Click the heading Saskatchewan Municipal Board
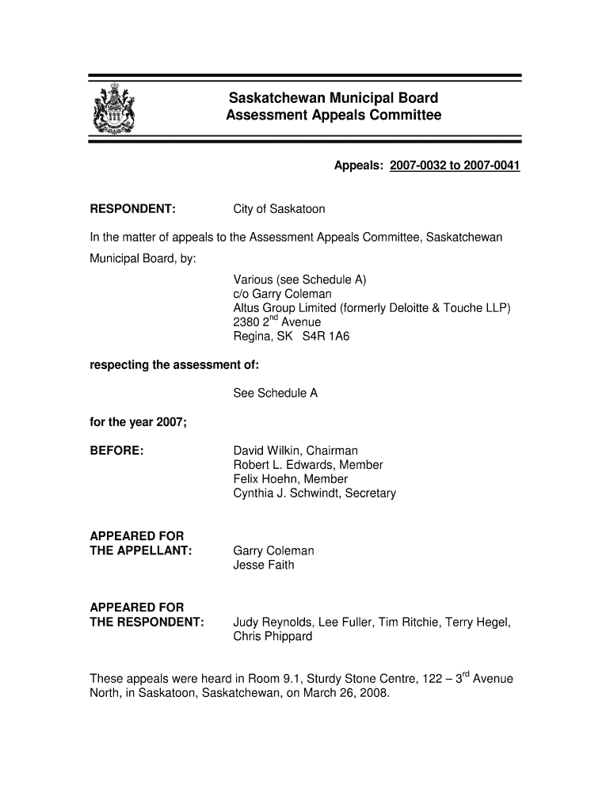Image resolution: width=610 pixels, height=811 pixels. (x=333, y=99)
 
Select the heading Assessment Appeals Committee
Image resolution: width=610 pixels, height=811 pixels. (x=333, y=116)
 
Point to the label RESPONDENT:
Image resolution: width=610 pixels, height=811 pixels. (x=132, y=209)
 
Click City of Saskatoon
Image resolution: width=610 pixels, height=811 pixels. (x=279, y=209)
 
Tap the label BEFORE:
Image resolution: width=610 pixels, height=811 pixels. (x=116, y=451)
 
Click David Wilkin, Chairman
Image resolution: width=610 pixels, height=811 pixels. (x=295, y=451)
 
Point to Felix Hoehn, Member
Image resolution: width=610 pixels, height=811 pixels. (x=290, y=479)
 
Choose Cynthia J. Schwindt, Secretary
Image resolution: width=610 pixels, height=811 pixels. (x=315, y=493)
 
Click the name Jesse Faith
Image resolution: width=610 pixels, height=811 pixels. (x=263, y=565)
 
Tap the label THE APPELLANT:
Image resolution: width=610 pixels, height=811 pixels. (x=141, y=550)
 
